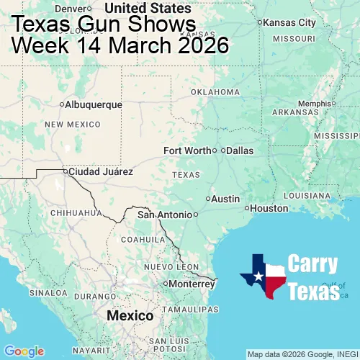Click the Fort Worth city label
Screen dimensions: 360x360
click(x=187, y=150)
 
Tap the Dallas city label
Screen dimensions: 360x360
click(x=240, y=150)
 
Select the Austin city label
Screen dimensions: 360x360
click(x=225, y=199)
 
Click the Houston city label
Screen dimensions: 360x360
click(x=269, y=209)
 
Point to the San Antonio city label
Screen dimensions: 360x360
click(x=165, y=215)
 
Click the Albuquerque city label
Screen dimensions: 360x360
click(x=93, y=104)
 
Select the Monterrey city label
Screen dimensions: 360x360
click(x=192, y=284)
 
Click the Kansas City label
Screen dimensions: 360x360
click(x=289, y=23)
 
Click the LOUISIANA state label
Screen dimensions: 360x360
click(x=310, y=195)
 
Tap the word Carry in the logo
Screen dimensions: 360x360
click(x=312, y=264)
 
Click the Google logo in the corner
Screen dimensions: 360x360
click(x=24, y=351)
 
